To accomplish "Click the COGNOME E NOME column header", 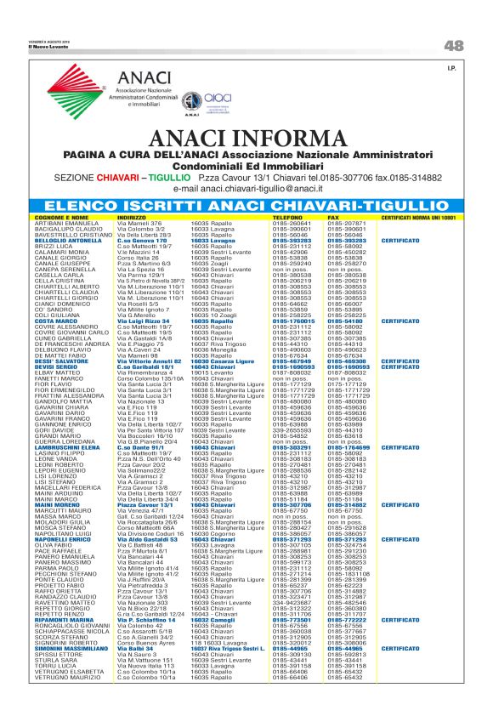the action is click(x=63, y=219).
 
